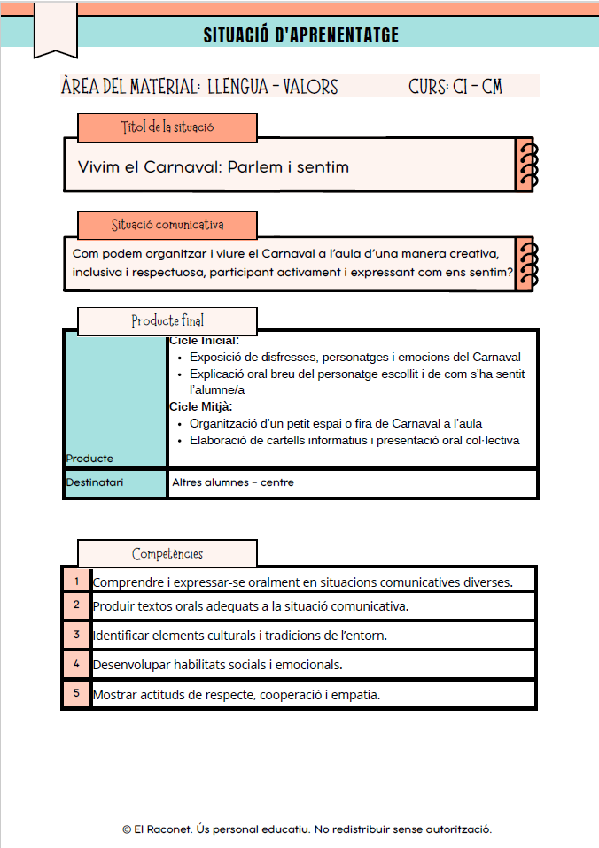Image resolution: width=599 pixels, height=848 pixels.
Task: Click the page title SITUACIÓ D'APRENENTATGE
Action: pos(300,35)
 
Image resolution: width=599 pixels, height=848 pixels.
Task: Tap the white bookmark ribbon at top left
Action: pos(55,28)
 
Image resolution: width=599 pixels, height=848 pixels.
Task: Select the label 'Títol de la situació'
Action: pos(167,127)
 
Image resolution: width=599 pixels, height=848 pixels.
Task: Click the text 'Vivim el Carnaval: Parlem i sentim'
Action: pos(214,166)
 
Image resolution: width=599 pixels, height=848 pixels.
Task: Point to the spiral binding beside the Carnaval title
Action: pos(525,165)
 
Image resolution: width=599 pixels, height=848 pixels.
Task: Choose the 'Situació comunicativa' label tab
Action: pos(167,225)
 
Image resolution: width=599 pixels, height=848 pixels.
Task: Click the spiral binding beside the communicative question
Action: pos(525,264)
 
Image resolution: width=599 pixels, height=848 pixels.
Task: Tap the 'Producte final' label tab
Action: pos(167,320)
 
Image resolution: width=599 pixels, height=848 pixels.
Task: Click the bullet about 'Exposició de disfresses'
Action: pos(354,358)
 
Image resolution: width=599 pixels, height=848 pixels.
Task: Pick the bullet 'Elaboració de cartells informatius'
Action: pos(354,440)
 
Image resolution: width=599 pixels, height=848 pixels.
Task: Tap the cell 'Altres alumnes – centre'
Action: pos(233,482)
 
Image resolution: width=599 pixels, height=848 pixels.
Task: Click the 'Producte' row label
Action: pos(89,458)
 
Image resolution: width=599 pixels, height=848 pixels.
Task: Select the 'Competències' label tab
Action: pos(167,554)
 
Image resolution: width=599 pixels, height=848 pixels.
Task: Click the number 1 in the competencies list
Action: pos(77,581)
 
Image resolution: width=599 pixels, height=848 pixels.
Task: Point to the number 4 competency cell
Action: pos(77,663)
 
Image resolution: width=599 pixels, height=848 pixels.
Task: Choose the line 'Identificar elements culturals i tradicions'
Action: pos(240,636)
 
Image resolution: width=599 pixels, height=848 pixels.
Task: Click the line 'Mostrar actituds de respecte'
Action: pos(237,695)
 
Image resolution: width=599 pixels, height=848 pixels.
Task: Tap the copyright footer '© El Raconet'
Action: pos(307,829)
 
